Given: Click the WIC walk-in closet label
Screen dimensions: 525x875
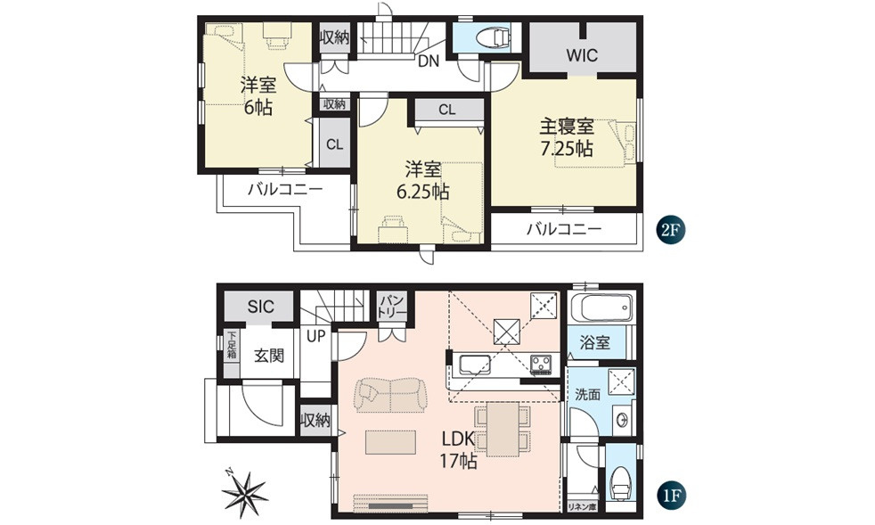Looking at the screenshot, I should click(x=581, y=55).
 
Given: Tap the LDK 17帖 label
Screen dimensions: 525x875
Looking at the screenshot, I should click(x=457, y=450).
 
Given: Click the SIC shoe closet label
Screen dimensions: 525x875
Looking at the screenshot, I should click(x=260, y=308).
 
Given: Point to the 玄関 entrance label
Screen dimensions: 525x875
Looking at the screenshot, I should click(x=268, y=356).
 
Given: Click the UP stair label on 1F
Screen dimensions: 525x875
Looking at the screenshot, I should click(x=316, y=337).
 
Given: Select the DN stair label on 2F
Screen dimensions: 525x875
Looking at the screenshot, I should click(x=428, y=62).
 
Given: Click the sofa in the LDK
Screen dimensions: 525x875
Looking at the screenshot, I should click(x=389, y=395).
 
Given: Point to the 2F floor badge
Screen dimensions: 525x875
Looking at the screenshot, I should click(x=670, y=230).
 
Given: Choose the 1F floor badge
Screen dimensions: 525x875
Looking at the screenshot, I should click(x=670, y=493).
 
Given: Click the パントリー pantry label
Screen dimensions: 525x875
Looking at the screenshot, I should click(x=391, y=308).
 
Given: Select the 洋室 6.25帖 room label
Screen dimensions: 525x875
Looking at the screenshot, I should click(x=422, y=179).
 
